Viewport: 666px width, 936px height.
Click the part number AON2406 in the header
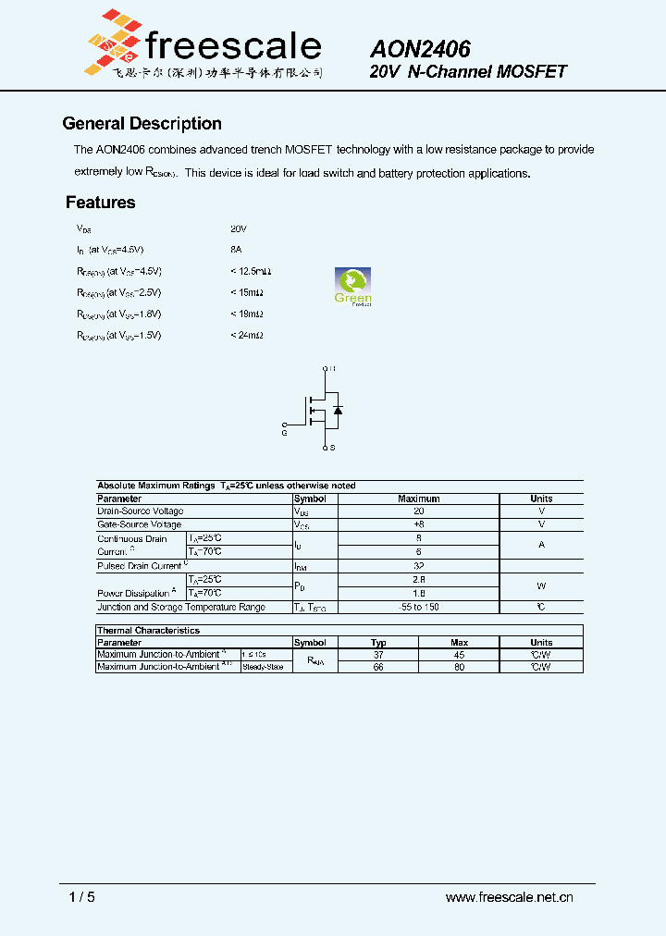point(420,50)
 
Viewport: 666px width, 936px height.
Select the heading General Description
point(142,124)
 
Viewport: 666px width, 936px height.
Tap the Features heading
point(101,203)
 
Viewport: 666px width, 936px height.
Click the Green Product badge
point(352,286)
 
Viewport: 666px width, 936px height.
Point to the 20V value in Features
point(239,228)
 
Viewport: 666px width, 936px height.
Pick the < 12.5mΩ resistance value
point(251,272)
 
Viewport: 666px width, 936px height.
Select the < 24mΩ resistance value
point(247,336)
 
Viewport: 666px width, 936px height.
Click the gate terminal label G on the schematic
point(284,431)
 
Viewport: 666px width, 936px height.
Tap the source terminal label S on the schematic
point(331,448)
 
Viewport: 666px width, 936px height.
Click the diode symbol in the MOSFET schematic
point(338,409)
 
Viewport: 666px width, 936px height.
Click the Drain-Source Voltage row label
point(141,511)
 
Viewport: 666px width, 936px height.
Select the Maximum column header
point(418,499)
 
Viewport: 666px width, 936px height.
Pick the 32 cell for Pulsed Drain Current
point(418,565)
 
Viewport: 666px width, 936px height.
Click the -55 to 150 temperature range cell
point(418,607)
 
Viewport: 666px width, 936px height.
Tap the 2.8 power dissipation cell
point(418,579)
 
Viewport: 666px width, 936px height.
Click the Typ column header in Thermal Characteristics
point(378,642)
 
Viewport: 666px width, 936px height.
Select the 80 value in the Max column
point(459,666)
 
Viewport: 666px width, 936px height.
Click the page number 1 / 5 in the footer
point(82,897)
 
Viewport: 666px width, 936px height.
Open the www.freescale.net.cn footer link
point(510,897)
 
